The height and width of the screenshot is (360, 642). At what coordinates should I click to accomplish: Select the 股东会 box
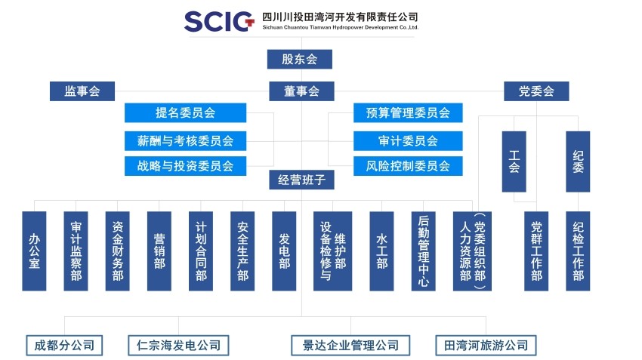[x=299, y=59]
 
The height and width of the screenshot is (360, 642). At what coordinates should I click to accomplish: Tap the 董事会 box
[x=302, y=91]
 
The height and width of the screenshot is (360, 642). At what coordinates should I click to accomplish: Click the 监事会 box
[x=82, y=91]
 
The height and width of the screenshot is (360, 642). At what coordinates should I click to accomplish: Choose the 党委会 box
[x=536, y=91]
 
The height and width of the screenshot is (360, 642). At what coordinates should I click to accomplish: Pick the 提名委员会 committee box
[x=185, y=113]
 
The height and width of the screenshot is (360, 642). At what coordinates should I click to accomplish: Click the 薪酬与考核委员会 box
[x=185, y=140]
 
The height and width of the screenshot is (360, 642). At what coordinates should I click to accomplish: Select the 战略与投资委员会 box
[x=185, y=166]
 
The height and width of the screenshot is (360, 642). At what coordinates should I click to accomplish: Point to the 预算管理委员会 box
[x=408, y=113]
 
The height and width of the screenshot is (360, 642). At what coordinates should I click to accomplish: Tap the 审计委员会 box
[x=408, y=140]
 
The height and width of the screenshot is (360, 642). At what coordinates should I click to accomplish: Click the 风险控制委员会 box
[x=408, y=166]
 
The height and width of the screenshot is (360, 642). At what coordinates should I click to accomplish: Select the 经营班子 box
[x=301, y=180]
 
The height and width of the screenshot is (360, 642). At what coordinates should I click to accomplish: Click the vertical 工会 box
[x=514, y=162]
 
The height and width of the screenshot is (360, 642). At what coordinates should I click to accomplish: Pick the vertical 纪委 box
[x=578, y=162]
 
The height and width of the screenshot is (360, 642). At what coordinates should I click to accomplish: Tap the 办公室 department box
[x=34, y=251]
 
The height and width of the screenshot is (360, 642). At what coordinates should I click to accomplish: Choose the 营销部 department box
[x=159, y=251]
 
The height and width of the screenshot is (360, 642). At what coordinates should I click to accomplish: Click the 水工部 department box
[x=381, y=251]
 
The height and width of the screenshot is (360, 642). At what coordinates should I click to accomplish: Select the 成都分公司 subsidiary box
[x=64, y=346]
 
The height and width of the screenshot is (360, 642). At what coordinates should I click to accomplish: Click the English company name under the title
[x=340, y=27]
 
